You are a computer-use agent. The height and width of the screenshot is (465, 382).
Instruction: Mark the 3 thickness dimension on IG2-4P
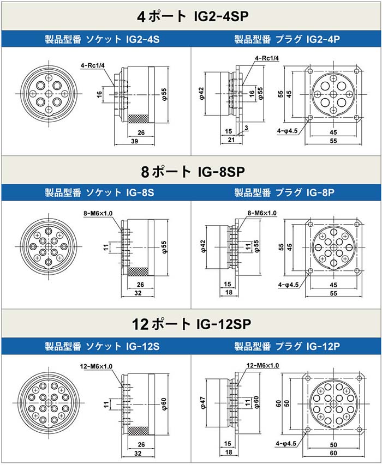(x=247, y=128)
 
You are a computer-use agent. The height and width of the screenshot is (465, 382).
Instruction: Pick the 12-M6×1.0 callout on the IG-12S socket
(x=98, y=366)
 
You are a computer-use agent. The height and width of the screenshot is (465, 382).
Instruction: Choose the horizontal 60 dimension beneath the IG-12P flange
(x=333, y=452)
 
